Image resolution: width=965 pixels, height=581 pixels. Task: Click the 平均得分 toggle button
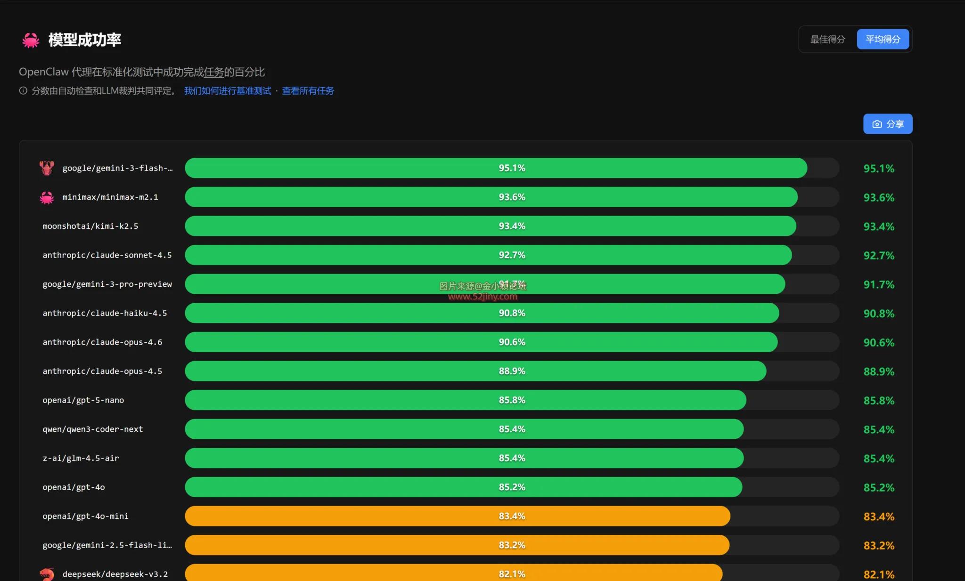pos(883,40)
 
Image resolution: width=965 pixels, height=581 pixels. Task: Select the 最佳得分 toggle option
pos(827,40)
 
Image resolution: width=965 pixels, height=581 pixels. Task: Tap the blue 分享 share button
pos(888,124)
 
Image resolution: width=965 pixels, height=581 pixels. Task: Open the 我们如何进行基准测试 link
pos(228,91)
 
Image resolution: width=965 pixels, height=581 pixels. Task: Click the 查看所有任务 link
pos(308,91)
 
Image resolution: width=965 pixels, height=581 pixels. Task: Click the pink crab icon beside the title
pos(31,40)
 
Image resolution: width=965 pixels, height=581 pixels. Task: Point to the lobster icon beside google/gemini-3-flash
pos(47,168)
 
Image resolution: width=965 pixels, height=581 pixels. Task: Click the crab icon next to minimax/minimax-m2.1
pos(47,197)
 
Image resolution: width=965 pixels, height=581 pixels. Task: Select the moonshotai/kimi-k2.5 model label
pos(90,226)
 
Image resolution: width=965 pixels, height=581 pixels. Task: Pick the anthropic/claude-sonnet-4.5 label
pos(107,255)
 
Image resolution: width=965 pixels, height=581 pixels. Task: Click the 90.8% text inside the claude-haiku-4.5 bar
pos(512,313)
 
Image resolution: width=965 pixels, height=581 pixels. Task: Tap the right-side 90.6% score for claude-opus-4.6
pos(879,343)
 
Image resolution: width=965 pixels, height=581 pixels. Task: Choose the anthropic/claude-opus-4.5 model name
pos(102,371)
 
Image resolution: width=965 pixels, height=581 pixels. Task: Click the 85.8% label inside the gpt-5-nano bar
pos(512,400)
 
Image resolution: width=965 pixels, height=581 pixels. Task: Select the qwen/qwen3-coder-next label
pos(92,429)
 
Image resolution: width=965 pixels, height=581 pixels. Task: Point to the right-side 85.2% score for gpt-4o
pos(879,488)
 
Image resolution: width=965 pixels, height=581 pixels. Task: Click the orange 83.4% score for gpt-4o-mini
pos(879,516)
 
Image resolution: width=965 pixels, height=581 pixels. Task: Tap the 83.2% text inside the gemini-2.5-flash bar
pos(512,545)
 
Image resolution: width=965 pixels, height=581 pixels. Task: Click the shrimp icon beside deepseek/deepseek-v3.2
pos(47,574)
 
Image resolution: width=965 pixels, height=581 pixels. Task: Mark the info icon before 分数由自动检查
pos(23,91)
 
